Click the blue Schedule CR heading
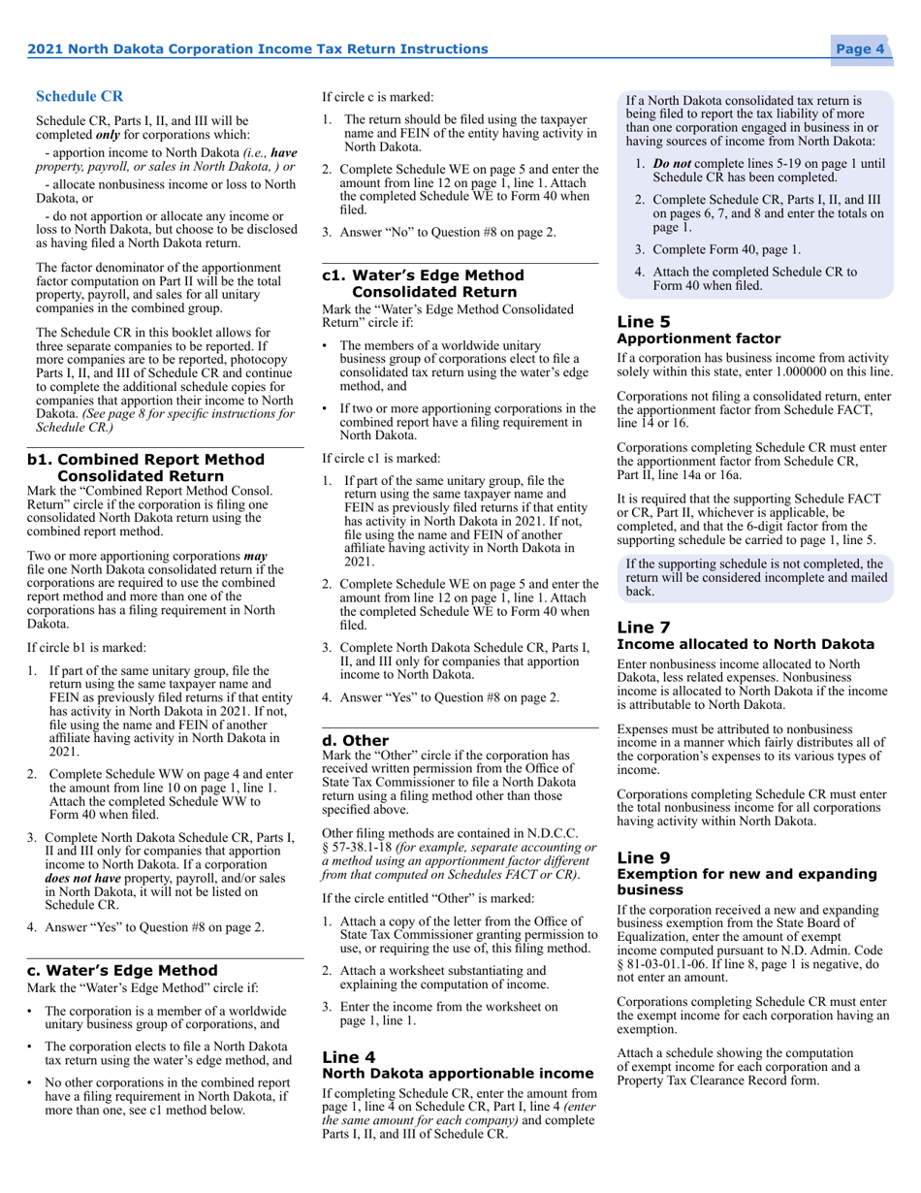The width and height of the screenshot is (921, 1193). (x=79, y=96)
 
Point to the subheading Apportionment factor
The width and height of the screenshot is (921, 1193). (x=698, y=339)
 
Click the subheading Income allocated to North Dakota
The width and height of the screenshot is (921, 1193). (x=745, y=644)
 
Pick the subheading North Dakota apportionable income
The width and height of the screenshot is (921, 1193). (x=457, y=1074)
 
